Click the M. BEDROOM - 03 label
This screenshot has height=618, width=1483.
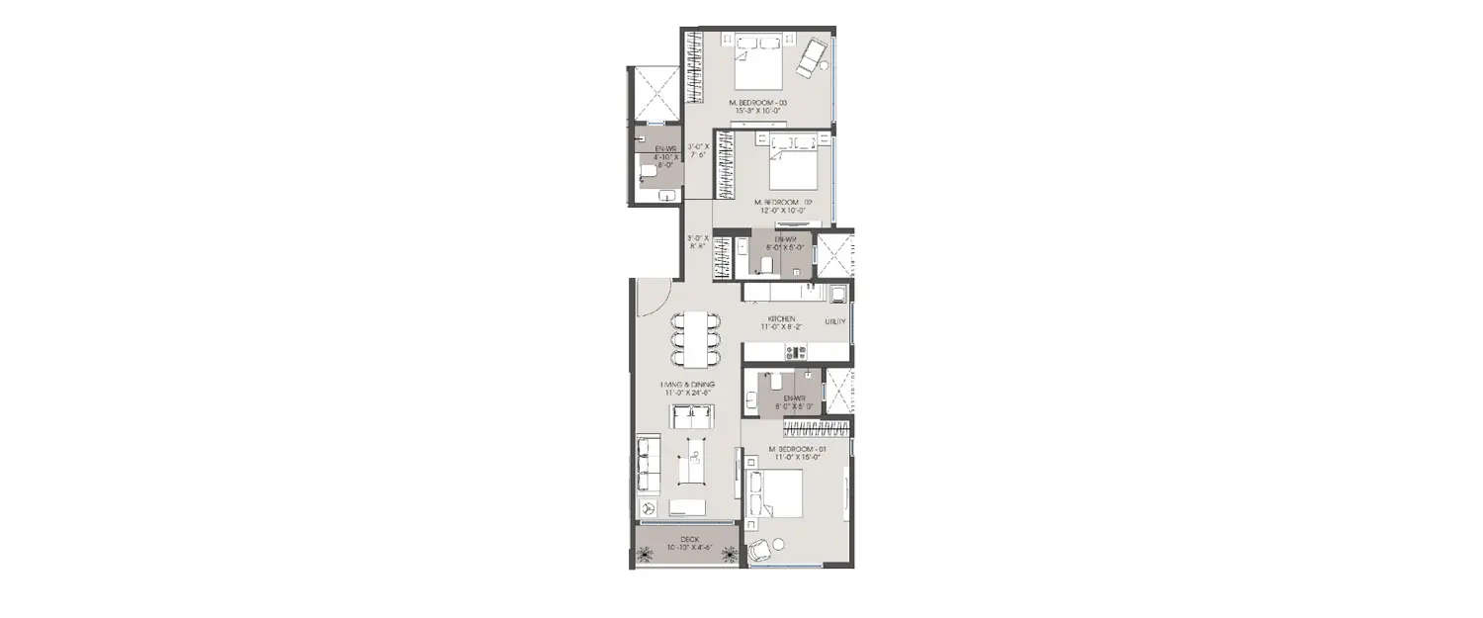[757, 103]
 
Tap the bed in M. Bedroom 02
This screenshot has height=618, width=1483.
[794, 165]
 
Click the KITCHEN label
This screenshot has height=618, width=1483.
[782, 318]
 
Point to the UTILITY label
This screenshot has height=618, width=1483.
[835, 321]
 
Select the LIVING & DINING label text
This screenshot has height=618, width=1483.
[688, 384]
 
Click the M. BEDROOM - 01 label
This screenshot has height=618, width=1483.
[798, 449]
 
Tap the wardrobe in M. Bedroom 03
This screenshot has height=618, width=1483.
[695, 66]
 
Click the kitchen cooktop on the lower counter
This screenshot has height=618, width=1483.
[796, 351]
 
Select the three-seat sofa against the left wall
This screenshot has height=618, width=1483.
[649, 465]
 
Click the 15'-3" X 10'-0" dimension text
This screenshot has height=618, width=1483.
[757, 112]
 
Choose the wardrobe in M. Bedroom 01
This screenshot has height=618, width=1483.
[817, 428]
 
